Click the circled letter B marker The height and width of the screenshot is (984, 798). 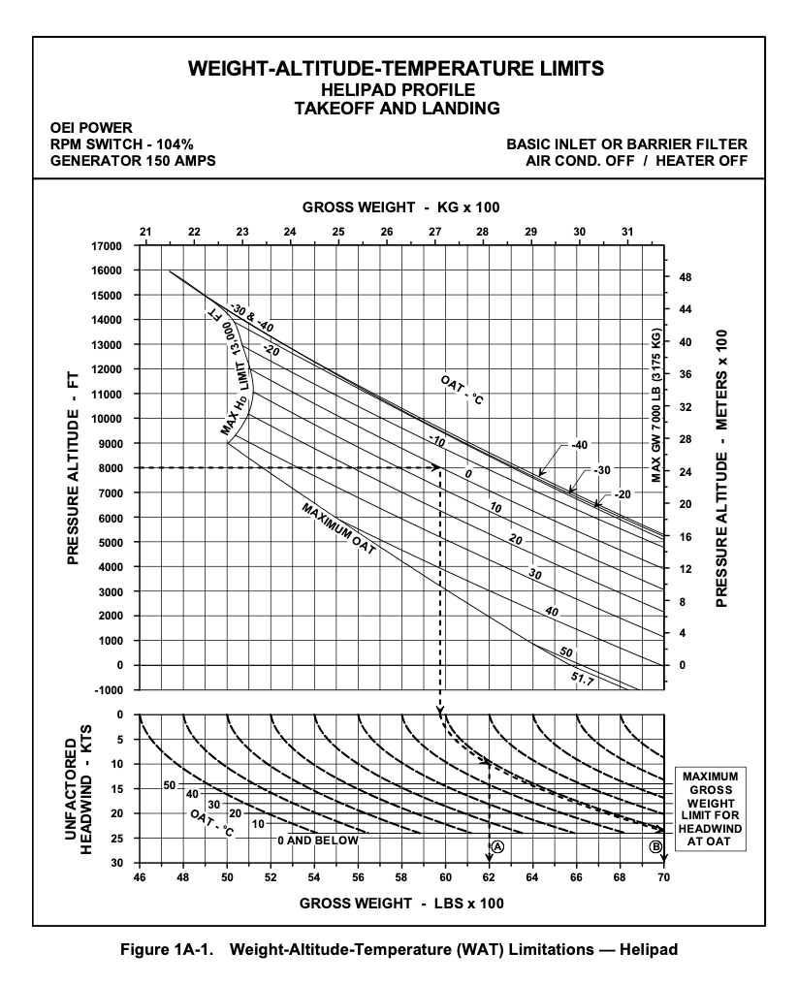pyautogui.click(x=655, y=845)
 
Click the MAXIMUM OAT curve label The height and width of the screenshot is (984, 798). pyautogui.click(x=338, y=528)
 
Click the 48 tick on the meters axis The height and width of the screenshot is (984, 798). pyautogui.click(x=686, y=277)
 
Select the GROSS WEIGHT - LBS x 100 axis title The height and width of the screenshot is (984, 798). pyautogui.click(x=400, y=904)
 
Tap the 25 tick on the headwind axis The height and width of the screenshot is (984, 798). pyautogui.click(x=117, y=838)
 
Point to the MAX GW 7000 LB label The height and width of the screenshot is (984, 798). pyautogui.click(x=656, y=404)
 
